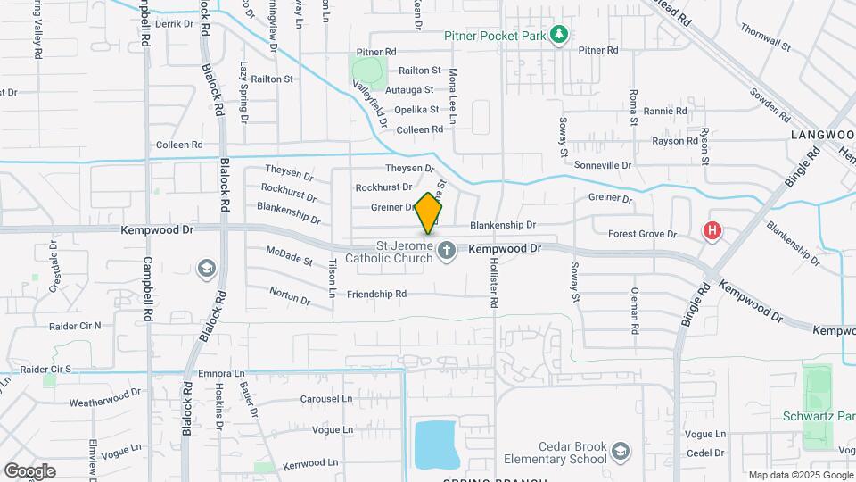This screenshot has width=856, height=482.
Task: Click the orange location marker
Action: (x=429, y=212)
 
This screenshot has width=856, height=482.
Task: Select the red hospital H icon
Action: (x=712, y=231)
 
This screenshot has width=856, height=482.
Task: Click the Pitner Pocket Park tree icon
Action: (x=559, y=35)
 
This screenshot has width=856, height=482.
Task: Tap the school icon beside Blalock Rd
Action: (x=206, y=268)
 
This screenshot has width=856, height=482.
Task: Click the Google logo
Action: (x=29, y=471)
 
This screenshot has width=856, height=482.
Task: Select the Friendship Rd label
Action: (x=376, y=294)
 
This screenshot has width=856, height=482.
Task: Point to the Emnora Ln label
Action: (x=221, y=374)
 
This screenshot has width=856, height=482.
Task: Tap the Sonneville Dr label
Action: (x=602, y=165)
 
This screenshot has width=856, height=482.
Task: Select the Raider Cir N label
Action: (x=75, y=326)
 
